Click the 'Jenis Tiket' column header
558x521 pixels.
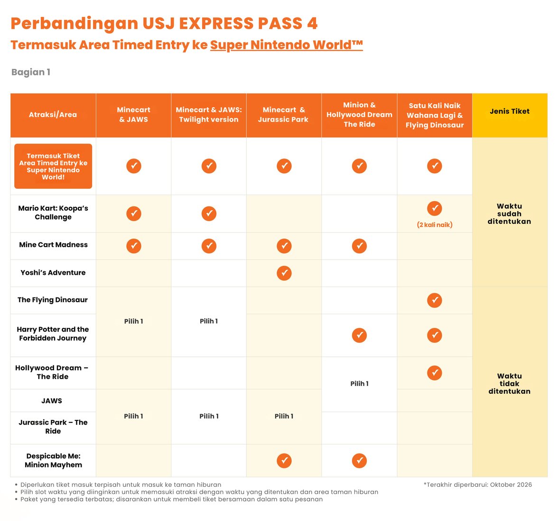click(510, 112)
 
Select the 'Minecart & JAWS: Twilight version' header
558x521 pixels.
click(209, 115)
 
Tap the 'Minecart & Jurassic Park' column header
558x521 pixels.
click(284, 115)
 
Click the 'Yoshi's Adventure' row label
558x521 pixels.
click(53, 272)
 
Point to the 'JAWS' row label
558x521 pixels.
click(52, 400)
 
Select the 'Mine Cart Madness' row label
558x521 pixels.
click(53, 245)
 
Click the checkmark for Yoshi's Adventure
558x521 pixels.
click(284, 273)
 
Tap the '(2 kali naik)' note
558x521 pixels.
click(435, 224)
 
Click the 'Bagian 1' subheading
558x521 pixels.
click(30, 72)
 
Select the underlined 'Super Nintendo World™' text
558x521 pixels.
click(287, 45)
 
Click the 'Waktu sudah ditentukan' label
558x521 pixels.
click(509, 214)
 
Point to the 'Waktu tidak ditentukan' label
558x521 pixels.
click(509, 383)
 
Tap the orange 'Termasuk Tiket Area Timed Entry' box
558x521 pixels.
click(53, 166)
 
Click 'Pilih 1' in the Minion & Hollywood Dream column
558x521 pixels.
click(360, 383)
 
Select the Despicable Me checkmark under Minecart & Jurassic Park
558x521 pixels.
click(284, 460)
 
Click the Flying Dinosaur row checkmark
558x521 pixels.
click(435, 300)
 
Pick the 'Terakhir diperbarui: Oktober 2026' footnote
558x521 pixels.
click(477, 485)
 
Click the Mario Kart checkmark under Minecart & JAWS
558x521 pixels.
click(134, 214)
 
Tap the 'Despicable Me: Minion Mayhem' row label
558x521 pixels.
click(53, 460)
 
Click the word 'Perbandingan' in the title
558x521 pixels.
click(74, 24)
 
